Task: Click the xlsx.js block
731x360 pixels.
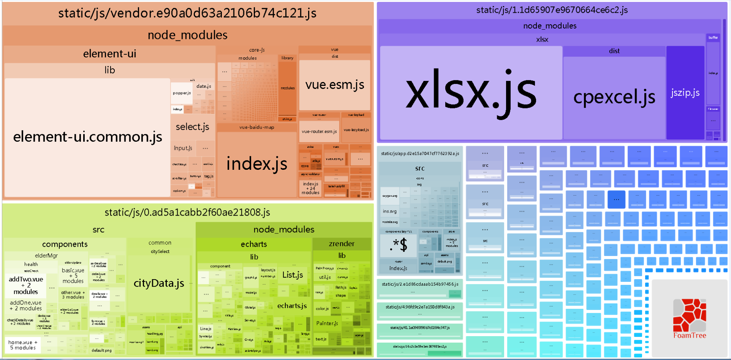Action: [471, 92]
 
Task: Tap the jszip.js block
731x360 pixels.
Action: [685, 93]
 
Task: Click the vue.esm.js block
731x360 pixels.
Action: [334, 85]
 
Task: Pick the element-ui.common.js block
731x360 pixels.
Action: [87, 137]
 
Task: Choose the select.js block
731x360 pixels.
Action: [192, 127]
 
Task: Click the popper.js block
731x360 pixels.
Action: [182, 93]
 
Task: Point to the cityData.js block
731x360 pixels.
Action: [159, 283]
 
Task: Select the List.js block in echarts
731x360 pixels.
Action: [292, 275]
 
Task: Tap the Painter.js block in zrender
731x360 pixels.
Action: [327, 323]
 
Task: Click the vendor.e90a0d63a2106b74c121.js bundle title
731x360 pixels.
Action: [187, 13]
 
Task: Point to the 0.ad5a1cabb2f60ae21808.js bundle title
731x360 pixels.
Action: [187, 212]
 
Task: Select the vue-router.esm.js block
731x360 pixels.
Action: [319, 132]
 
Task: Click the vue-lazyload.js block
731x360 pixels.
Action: [356, 130]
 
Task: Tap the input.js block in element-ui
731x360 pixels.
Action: [183, 148]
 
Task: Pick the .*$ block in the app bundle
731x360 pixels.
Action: [398, 245]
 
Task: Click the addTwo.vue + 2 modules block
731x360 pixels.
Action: [26, 285]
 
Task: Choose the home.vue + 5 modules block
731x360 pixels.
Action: [23, 345]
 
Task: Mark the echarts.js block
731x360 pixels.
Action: [292, 306]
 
